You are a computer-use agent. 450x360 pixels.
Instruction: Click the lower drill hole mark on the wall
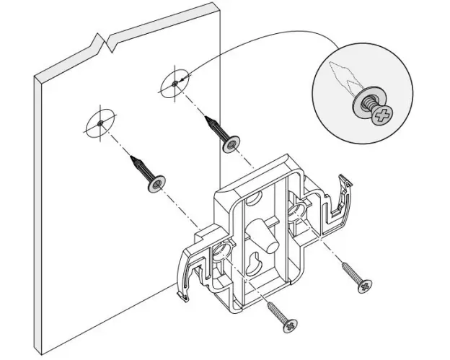99,124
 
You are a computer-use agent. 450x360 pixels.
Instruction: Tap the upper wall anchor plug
221,133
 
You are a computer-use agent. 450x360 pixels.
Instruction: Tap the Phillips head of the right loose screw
364,286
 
